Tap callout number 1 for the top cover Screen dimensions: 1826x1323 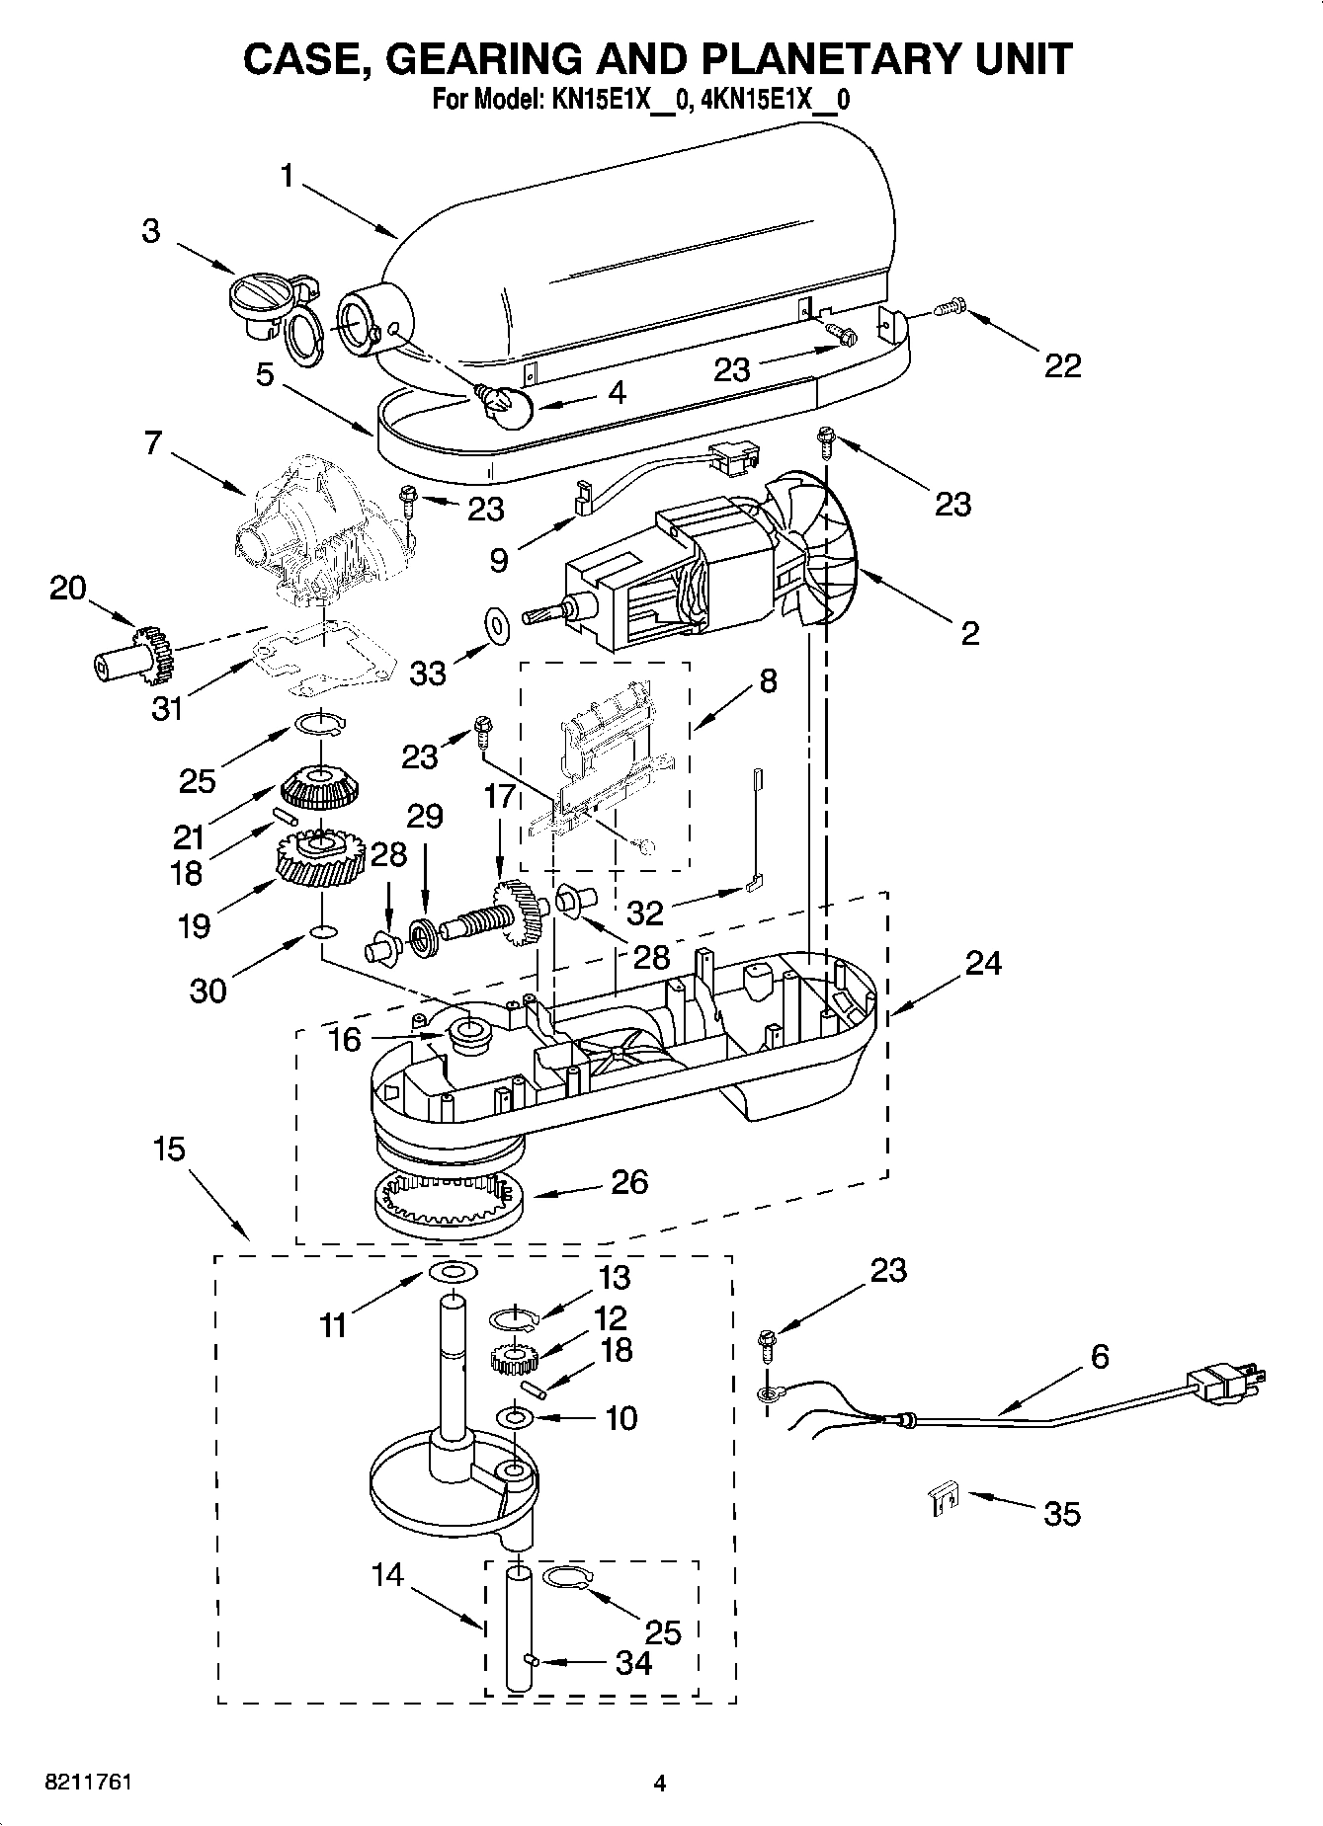pyautogui.click(x=287, y=176)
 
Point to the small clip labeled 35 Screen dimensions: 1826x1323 pyautogui.click(x=946, y=1500)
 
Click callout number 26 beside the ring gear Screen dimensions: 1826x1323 pyautogui.click(x=628, y=1182)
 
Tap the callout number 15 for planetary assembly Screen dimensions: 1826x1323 pyautogui.click(x=169, y=1150)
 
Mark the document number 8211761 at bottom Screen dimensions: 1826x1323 pyautogui.click(x=89, y=1783)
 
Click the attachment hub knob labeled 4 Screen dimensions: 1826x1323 pyautogui.click(x=504, y=403)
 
